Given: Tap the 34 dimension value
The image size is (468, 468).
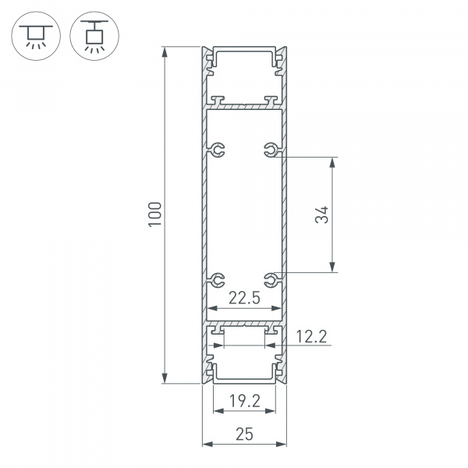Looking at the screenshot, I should [322, 215].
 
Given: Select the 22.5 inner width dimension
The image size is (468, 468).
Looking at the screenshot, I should [243, 296].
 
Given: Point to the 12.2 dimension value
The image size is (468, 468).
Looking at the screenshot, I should [312, 337].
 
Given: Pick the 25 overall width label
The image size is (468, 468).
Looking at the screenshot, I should [243, 434].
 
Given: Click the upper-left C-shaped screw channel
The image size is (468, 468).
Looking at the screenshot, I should [218, 149].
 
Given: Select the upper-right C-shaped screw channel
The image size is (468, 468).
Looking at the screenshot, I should [270, 149].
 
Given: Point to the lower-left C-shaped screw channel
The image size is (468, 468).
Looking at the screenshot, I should [218, 278].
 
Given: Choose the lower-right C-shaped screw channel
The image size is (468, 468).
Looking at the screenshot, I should [270, 278].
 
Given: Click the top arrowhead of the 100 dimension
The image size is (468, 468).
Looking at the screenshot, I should [165, 52].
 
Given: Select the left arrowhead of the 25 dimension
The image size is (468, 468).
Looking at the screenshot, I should [207, 445].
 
